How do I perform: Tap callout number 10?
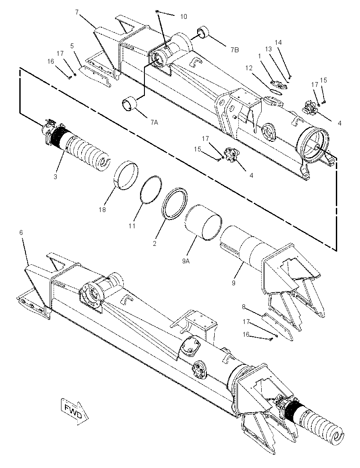coord(184,16)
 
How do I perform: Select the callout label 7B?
coord(234,50)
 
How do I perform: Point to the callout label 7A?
coord(154,122)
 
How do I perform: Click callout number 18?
coord(102,210)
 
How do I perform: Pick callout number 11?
coord(132,226)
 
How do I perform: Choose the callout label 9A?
coord(186,261)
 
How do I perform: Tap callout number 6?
coord(21,232)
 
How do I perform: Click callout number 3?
coord(55,176)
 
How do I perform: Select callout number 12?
coord(248,68)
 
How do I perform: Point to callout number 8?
coord(244,306)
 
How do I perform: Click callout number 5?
coord(72,46)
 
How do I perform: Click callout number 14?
coord(278,43)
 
